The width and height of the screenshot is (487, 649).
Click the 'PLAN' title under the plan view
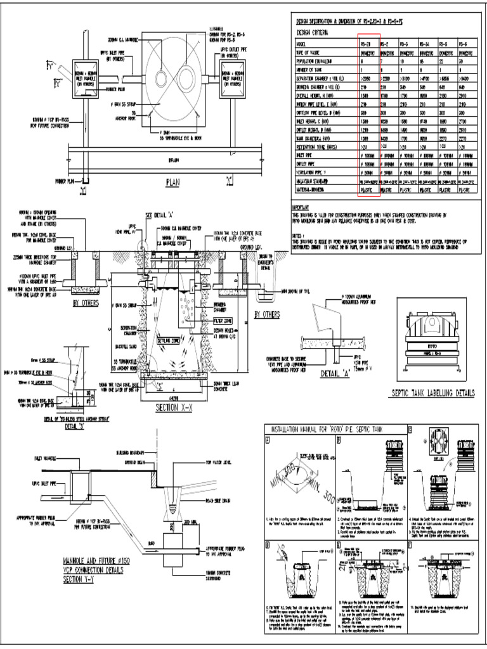coord(173,183)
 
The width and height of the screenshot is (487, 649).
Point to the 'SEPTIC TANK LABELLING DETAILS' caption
coord(434,394)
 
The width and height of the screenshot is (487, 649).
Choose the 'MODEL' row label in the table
coord(302,45)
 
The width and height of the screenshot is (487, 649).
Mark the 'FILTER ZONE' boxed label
coord(222,321)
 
